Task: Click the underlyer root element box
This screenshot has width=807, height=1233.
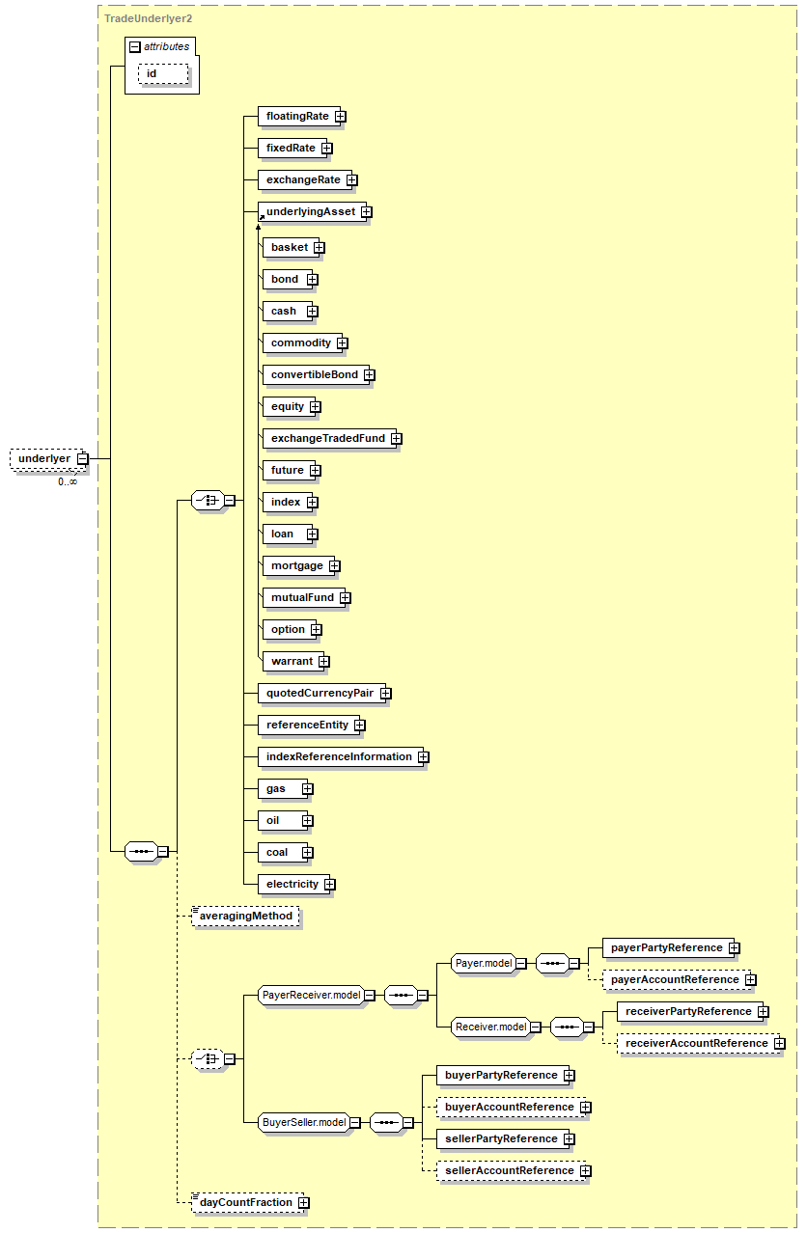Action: coord(43,458)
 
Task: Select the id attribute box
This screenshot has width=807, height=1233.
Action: coord(152,73)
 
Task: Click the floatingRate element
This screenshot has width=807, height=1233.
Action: coord(296,116)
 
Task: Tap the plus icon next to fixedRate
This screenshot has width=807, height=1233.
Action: coord(327,148)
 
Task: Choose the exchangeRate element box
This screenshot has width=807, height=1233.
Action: coord(302,179)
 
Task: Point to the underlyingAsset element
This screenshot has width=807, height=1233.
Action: coord(310,211)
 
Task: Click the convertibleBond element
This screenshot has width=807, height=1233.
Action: coord(314,374)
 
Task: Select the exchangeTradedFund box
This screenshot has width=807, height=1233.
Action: coord(327,438)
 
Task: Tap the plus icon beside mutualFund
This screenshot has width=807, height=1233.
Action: coord(345,597)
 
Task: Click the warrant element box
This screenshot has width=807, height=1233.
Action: coord(292,661)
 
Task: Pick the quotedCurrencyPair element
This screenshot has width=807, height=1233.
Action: coord(319,693)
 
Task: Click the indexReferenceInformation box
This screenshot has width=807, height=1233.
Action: coord(338,756)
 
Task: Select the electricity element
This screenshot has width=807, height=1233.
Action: coord(292,884)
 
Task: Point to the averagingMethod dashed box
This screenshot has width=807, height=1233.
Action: coord(246,916)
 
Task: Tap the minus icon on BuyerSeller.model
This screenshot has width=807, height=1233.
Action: coord(354,1122)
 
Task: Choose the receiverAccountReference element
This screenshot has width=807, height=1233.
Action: coord(695,1043)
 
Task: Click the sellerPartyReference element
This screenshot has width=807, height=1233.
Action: coord(502,1138)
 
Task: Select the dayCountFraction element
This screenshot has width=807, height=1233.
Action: coord(246,1202)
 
